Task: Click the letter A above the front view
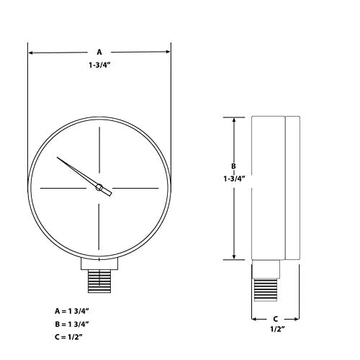[99, 53]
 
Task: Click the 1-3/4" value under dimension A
[99, 66]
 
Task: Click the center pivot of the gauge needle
[99, 188]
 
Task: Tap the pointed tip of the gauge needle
[60, 158]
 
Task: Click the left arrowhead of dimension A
[32, 53]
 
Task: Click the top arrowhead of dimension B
[233, 120]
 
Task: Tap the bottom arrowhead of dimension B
[233, 256]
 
